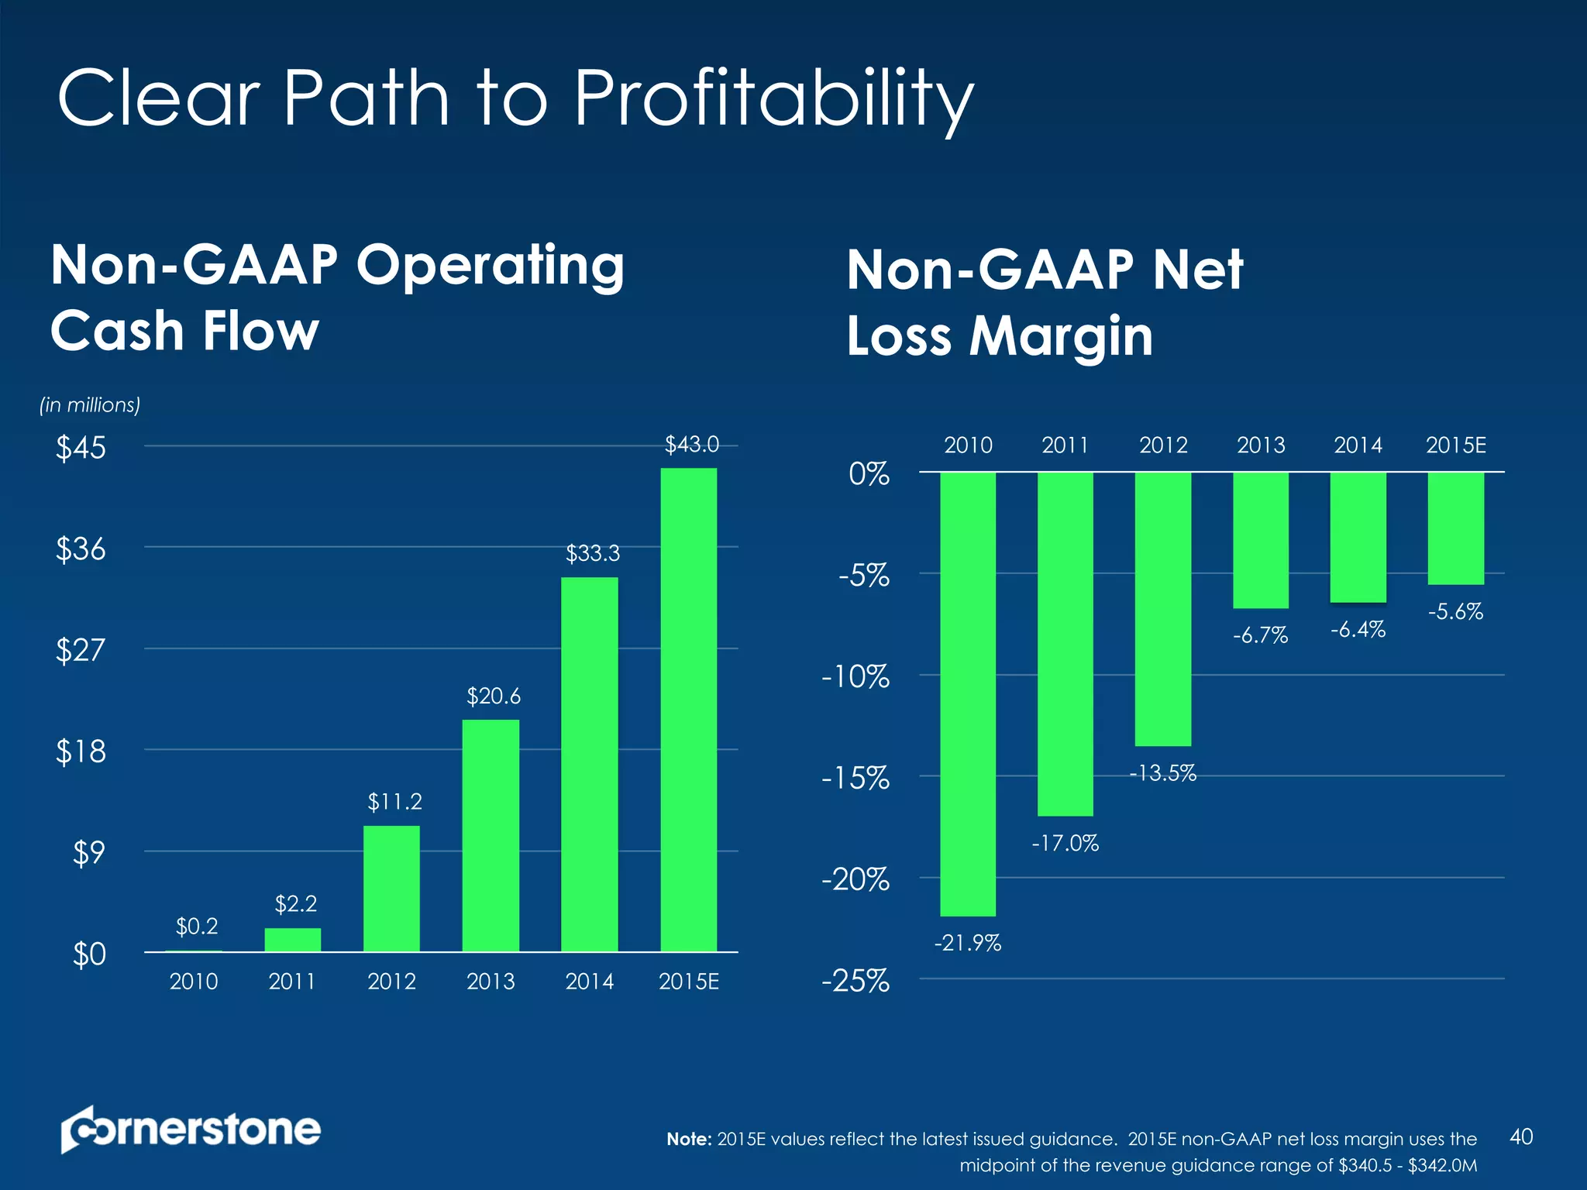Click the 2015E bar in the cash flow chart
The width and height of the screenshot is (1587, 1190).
click(x=688, y=709)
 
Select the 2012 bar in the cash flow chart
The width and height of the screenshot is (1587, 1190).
click(x=391, y=888)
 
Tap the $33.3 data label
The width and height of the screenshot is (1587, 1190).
click(x=593, y=553)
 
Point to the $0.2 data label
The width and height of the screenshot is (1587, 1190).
click(x=197, y=926)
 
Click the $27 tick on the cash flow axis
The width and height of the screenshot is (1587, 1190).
click(x=81, y=649)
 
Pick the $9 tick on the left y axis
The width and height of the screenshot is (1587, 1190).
click(x=89, y=853)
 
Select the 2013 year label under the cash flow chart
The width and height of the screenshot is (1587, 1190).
click(x=491, y=982)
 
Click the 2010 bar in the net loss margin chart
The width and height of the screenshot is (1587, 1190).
click(x=968, y=693)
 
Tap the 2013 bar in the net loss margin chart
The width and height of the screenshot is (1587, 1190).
click(x=1261, y=540)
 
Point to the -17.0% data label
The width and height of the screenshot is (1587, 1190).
click(x=1065, y=843)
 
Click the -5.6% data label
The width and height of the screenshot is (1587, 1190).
click(x=1455, y=612)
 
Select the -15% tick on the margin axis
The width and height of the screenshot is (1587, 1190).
click(x=855, y=778)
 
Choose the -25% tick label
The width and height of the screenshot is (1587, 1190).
click(x=855, y=982)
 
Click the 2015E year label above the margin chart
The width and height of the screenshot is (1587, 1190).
click(x=1455, y=445)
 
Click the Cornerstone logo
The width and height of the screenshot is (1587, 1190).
click(x=191, y=1129)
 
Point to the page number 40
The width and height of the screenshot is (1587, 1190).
click(x=1521, y=1137)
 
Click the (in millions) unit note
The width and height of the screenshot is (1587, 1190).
click(x=90, y=405)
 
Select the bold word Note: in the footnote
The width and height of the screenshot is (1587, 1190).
click(x=689, y=1139)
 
